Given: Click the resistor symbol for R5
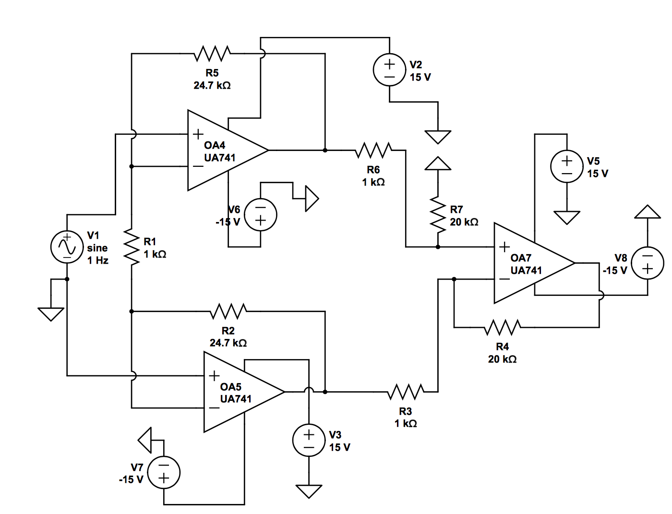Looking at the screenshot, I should tap(212, 54).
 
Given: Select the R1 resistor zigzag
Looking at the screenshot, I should tap(131, 247).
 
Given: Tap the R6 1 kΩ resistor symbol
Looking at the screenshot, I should tap(373, 151).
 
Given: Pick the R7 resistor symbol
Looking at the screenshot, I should tap(438, 214).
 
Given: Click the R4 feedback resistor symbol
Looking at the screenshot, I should tap(502, 327).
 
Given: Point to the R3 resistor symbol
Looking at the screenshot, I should tap(406, 392).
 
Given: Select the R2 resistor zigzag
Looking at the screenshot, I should tap(228, 312).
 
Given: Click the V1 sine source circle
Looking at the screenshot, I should tap(67, 246).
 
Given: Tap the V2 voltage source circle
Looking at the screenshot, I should tap(389, 70).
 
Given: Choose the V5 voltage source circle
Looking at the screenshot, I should tap(566, 166).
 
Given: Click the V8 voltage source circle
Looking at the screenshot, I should tap(647, 263).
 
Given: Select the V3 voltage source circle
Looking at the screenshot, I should tap(309, 440).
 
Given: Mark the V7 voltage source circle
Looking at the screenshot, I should tap(164, 472).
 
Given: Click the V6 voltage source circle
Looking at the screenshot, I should tap(260, 214).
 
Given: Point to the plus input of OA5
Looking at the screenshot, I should tap(214, 376).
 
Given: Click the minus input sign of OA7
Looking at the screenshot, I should tap(504, 279).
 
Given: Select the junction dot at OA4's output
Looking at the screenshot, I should tap(325, 151).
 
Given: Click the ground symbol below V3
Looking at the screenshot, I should tap(309, 491).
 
